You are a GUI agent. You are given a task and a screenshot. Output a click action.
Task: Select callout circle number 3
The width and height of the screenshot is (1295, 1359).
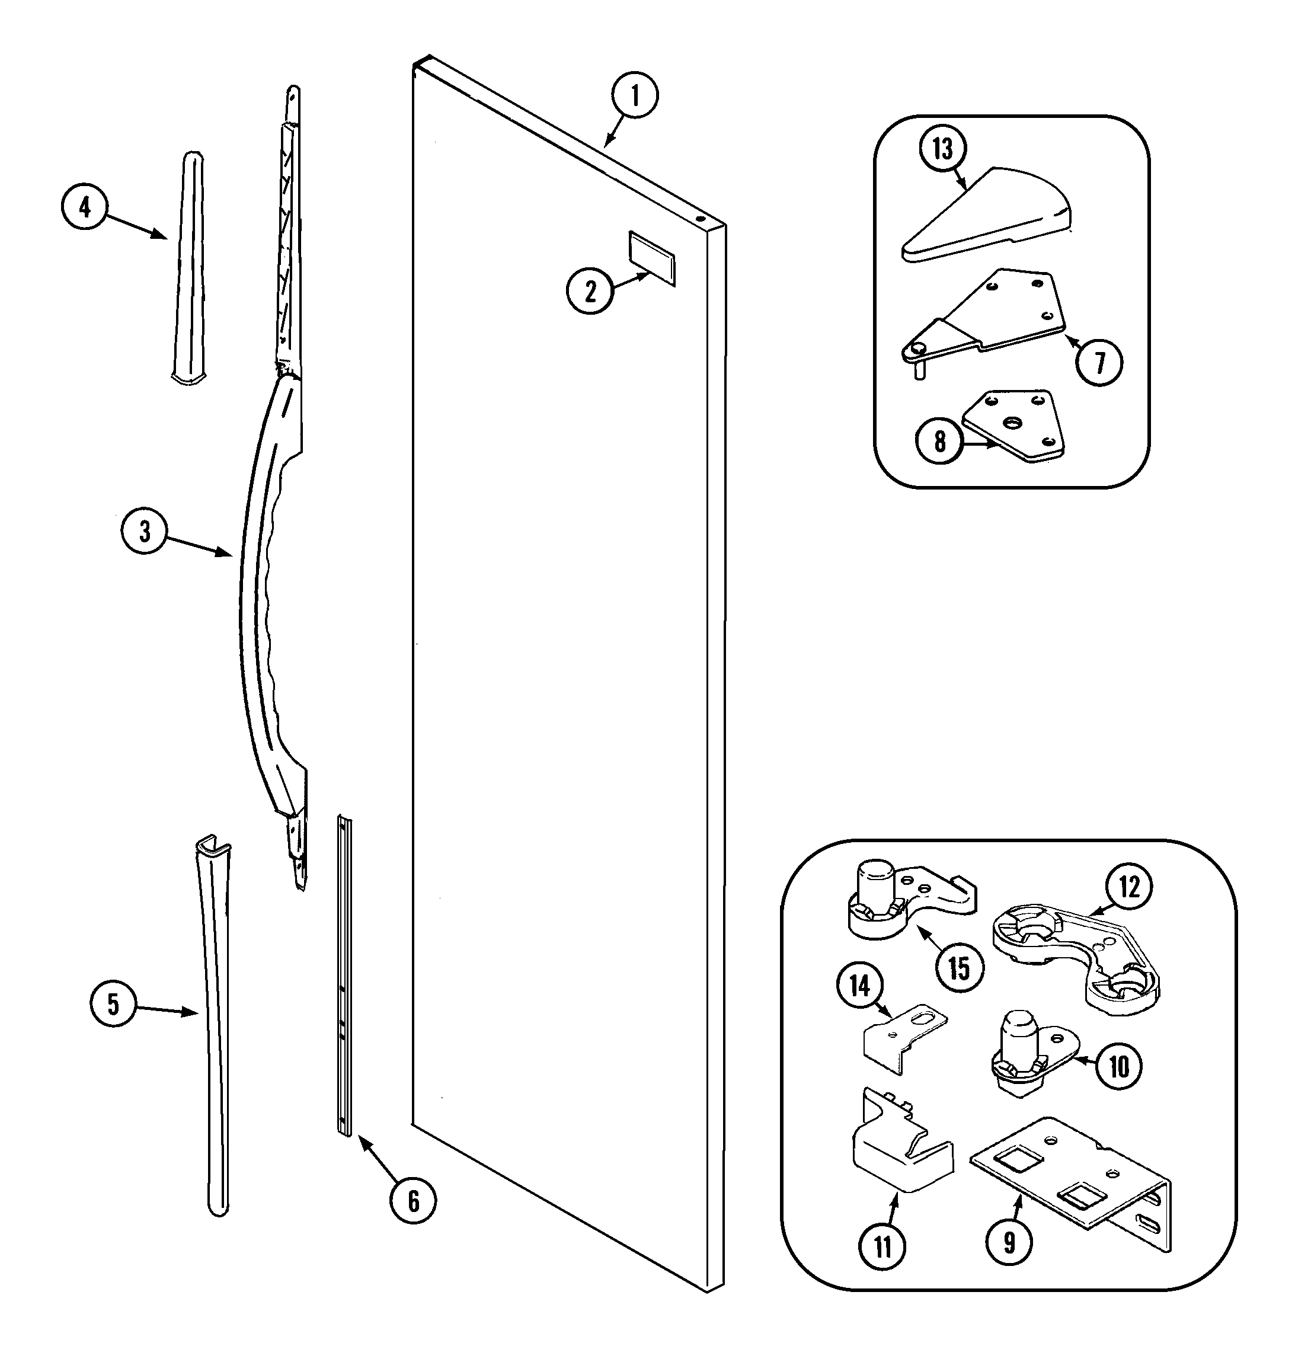(x=144, y=531)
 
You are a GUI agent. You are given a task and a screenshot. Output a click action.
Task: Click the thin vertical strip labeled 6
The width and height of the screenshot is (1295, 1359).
(x=344, y=980)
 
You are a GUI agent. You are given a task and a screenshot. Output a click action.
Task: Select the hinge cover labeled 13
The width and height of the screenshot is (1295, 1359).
(x=987, y=214)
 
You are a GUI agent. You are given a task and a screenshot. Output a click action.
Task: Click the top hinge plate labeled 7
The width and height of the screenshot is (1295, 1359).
(x=1001, y=311)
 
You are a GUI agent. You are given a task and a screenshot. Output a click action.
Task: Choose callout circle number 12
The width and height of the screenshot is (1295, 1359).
(x=1128, y=887)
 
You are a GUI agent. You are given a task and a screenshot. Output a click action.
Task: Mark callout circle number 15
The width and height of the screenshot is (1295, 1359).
(x=960, y=968)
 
